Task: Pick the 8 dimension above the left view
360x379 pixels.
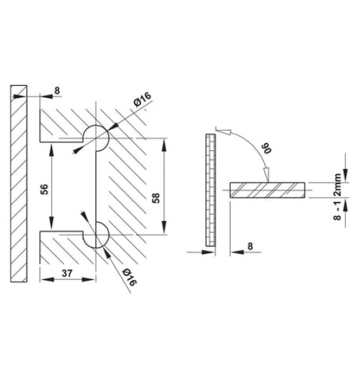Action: point(57,89)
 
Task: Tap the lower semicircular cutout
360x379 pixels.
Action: point(98,235)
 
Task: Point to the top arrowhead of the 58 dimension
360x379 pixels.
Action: point(164,142)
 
